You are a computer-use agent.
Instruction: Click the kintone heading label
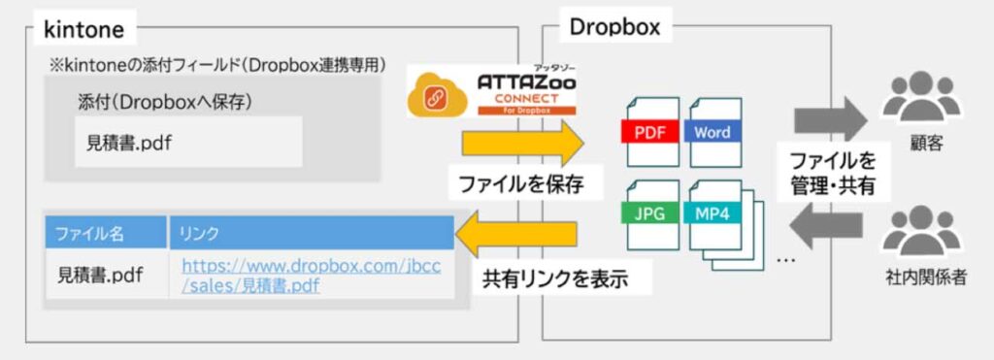pyautogui.click(x=84, y=29)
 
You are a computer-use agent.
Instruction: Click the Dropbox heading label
pyautogui.click(x=613, y=27)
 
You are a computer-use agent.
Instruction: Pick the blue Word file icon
pyautogui.click(x=713, y=132)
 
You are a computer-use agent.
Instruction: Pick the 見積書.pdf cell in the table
pyautogui.click(x=100, y=275)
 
